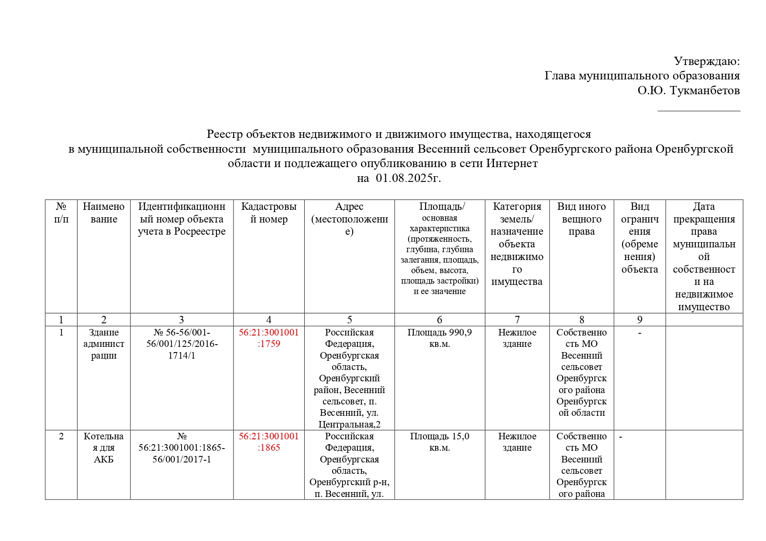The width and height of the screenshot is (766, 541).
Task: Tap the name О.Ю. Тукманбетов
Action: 688,90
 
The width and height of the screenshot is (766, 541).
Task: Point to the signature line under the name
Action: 699,111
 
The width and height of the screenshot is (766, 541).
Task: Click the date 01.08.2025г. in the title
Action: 408,178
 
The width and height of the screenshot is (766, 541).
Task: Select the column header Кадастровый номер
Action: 269,212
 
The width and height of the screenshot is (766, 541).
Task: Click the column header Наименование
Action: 104,212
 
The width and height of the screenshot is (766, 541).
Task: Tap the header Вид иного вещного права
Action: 581,219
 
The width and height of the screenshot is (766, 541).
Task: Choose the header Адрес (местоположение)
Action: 350,219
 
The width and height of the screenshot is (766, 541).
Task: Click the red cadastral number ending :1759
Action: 269,338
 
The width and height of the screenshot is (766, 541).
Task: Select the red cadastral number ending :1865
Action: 269,442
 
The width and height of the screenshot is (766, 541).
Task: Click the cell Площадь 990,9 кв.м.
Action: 440,338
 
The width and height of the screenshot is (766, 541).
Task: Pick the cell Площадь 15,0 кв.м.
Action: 440,442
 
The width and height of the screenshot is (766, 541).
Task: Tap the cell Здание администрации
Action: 104,344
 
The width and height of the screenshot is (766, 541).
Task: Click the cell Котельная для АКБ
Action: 104,448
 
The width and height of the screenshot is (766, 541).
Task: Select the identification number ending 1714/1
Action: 182,344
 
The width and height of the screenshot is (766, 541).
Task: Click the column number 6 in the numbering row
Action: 440,320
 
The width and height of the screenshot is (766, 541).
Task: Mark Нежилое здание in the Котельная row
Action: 517,442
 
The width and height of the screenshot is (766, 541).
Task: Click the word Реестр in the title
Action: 224,134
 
